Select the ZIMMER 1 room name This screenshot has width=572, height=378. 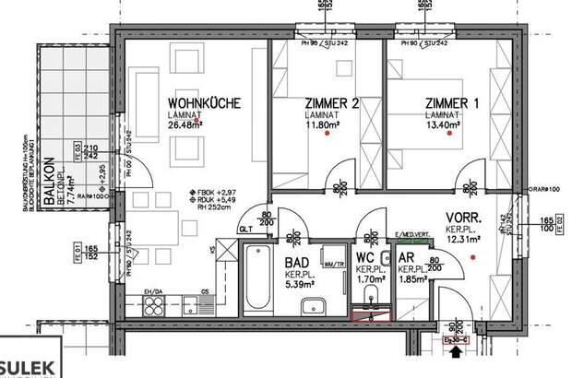click(x=452, y=103)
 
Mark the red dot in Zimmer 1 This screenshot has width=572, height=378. click(x=449, y=136)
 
